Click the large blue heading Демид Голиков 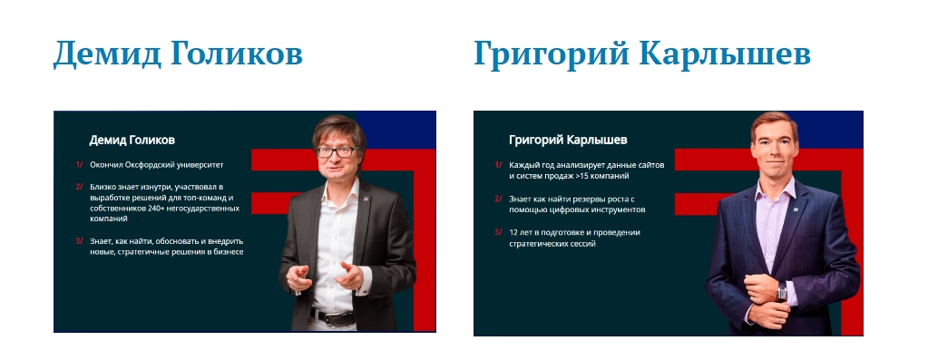coord(178,54)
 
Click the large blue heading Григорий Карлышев coord(642,54)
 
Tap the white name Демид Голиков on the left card coord(132,140)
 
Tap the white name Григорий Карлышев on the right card coord(568,140)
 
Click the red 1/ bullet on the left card coord(79,165)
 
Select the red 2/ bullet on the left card coord(79,187)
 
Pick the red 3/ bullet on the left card coord(79,241)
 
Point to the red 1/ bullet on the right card coord(498,165)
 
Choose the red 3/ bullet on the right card coord(498,232)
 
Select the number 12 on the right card coord(513,232)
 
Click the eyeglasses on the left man coord(337,152)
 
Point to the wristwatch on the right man coord(782,292)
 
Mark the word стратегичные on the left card coord(142,252)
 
